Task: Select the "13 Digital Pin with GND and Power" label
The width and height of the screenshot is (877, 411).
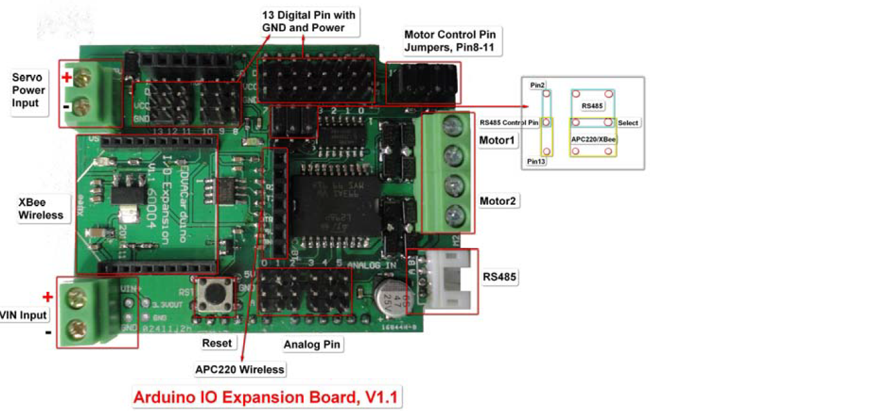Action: (308, 21)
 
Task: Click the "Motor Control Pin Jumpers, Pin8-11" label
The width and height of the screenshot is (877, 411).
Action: (449, 40)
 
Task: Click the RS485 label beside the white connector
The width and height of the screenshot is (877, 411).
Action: (500, 277)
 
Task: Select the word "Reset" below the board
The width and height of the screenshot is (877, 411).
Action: (217, 343)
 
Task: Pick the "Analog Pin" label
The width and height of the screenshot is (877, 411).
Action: (311, 345)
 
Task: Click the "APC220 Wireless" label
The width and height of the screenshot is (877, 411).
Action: (240, 369)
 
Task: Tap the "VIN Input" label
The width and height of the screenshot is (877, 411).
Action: (24, 314)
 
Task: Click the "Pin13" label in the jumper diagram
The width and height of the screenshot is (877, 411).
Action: (537, 162)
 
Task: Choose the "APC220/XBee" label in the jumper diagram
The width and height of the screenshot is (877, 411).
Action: (592, 139)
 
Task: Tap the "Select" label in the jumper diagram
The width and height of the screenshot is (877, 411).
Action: (627, 122)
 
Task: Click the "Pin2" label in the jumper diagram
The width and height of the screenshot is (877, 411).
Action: (537, 84)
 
